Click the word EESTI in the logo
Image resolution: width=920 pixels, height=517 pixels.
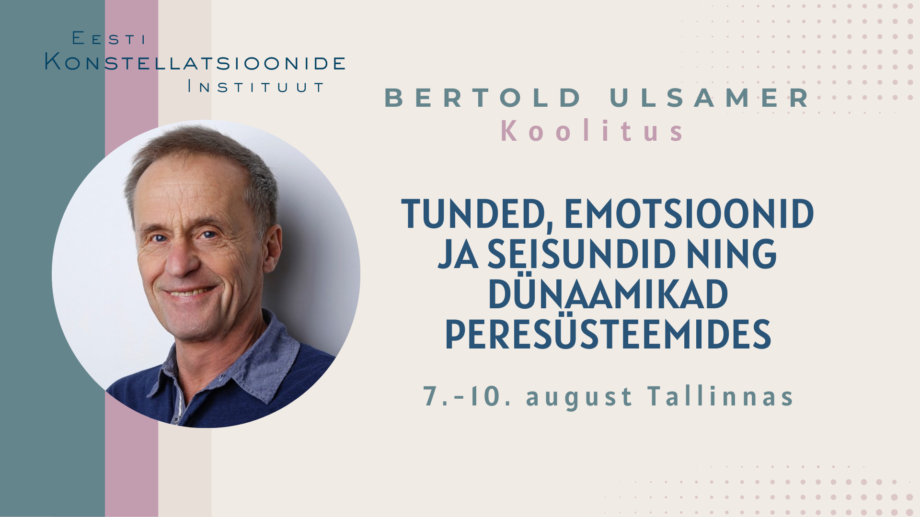tap(109, 38)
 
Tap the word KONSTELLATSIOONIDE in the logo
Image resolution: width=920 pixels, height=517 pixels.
tap(195, 62)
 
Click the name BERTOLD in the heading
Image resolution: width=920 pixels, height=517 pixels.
tap(483, 98)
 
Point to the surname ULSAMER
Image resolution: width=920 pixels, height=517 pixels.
tap(710, 98)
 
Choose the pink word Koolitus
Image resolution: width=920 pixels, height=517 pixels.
tap(593, 131)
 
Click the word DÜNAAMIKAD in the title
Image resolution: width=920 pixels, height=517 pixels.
tap(608, 293)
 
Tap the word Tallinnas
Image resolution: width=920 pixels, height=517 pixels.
tap(721, 396)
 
